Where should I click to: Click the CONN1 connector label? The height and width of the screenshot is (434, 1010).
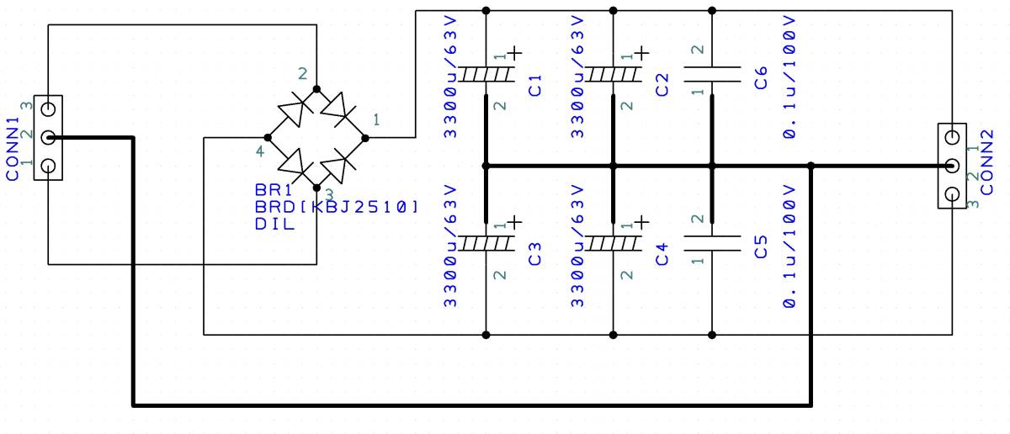click(x=13, y=149)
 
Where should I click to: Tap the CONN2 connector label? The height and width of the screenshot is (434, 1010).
click(x=986, y=162)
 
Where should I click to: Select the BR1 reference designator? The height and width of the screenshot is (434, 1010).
click(x=274, y=190)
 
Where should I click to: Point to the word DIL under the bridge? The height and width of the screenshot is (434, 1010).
click(x=274, y=224)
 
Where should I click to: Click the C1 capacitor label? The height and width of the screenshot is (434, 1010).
click(x=534, y=86)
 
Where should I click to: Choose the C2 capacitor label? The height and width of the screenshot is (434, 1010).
click(x=662, y=85)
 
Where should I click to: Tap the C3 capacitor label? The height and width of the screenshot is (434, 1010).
click(x=534, y=255)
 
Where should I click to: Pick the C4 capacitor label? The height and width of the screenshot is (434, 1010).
click(x=662, y=255)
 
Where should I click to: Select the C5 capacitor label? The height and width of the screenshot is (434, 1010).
click(x=760, y=247)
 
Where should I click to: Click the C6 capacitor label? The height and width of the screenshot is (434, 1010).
click(x=760, y=78)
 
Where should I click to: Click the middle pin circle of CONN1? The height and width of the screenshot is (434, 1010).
click(x=48, y=137)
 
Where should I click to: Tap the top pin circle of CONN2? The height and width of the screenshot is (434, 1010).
click(x=952, y=137)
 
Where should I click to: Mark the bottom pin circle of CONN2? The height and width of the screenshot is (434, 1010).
click(x=952, y=194)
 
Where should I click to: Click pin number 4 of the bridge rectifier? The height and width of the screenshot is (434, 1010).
click(x=260, y=152)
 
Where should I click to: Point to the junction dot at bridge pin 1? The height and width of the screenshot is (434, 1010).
click(x=365, y=138)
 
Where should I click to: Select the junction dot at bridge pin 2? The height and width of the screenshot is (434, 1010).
click(x=316, y=89)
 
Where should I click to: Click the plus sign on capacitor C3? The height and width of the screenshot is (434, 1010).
click(x=515, y=222)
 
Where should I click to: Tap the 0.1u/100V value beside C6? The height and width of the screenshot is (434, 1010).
click(x=789, y=77)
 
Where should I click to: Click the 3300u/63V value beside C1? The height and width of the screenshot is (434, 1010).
click(x=450, y=77)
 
